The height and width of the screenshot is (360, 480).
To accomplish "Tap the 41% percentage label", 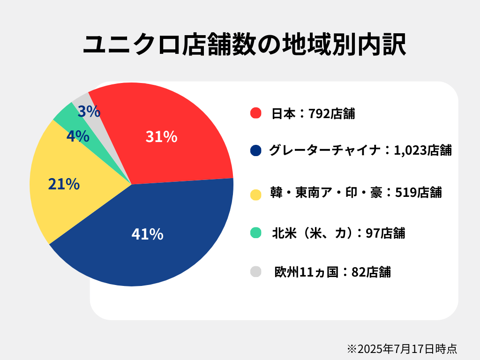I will tap(147, 234).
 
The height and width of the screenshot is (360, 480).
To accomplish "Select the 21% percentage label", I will tap(64, 184).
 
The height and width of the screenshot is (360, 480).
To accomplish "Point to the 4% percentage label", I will tap(78, 136).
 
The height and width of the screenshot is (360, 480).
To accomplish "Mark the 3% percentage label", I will tap(89, 112).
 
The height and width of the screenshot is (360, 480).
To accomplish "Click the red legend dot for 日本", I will tap(255, 113).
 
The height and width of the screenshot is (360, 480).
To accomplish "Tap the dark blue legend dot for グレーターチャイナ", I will tap(255, 150).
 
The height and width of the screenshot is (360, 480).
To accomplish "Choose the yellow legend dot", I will tap(255, 194).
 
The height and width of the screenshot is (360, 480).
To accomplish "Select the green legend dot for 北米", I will tap(255, 232).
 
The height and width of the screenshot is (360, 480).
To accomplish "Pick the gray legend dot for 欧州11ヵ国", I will tap(255, 271).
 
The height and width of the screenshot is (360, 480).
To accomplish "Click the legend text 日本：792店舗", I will tap(313, 113).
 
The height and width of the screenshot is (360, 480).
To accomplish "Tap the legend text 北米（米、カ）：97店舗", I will tap(338, 232).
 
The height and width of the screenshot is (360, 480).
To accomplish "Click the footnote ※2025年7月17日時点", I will tap(402, 348).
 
